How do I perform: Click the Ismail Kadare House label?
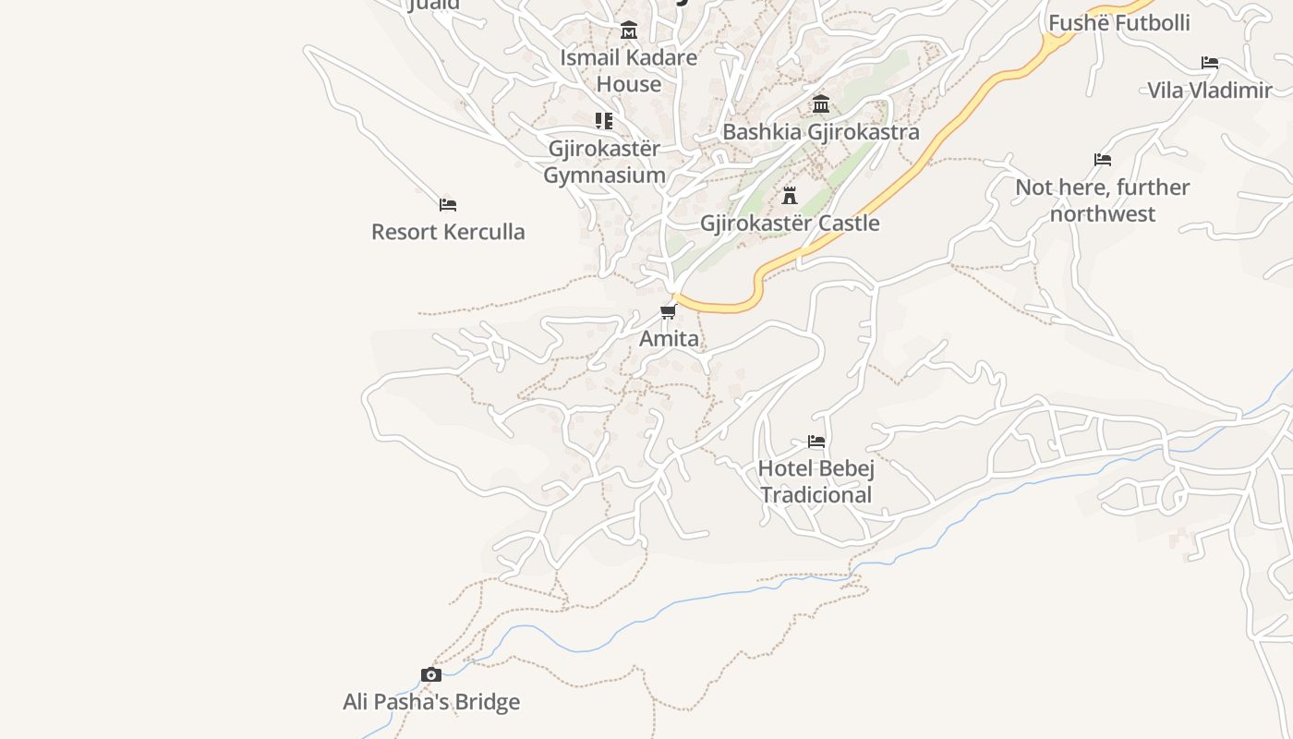(x=629, y=70)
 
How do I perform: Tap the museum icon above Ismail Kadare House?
(x=629, y=30)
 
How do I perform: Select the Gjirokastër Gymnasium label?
(x=604, y=162)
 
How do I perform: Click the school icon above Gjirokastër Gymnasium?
(x=604, y=121)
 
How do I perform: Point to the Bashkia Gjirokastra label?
(x=820, y=132)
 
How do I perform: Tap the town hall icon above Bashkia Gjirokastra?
(x=821, y=103)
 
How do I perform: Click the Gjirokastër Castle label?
(x=790, y=224)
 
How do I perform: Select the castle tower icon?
(x=790, y=196)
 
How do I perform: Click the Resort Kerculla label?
(x=448, y=232)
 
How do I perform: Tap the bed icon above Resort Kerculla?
(x=448, y=204)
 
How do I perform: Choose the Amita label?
(x=670, y=339)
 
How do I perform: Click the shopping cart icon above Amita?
(x=669, y=312)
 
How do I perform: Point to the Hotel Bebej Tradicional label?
(x=816, y=481)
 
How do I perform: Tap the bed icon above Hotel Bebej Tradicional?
(x=816, y=442)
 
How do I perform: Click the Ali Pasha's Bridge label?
(x=431, y=702)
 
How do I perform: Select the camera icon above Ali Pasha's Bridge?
(x=431, y=675)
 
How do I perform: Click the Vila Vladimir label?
(x=1210, y=91)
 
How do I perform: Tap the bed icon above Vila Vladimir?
(x=1210, y=63)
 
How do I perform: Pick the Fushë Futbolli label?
(x=1119, y=23)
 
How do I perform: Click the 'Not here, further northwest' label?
(x=1103, y=200)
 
